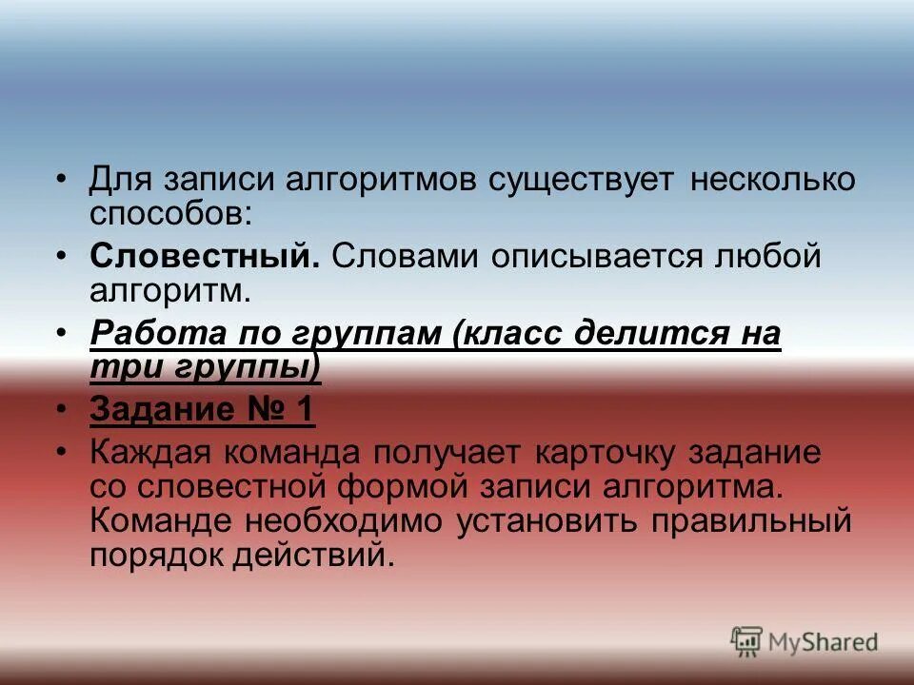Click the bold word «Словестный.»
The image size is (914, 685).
click(205, 257)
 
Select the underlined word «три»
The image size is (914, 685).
click(118, 366)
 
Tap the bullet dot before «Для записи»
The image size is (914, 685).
click(61, 180)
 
